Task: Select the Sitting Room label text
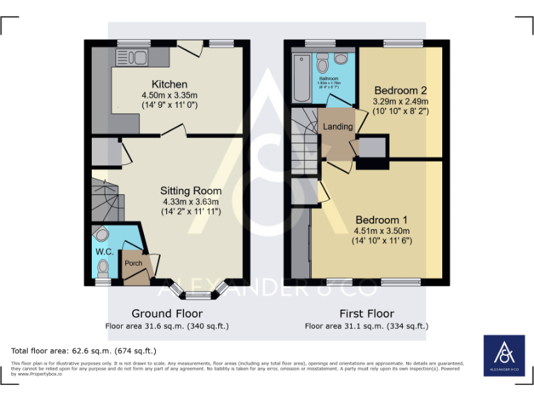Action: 191,190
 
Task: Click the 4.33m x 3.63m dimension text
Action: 191,201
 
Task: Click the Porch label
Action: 133,263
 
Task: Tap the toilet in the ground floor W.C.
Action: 104,267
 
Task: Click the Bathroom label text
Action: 329,79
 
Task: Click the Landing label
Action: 338,127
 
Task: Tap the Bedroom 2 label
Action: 400,90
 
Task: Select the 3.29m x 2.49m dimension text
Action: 400,101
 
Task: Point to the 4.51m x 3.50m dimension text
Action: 381,231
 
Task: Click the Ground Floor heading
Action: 167,313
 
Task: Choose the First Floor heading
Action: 366,313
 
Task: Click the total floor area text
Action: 83,351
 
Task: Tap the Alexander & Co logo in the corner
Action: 504,357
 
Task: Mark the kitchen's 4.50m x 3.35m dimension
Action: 170,95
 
